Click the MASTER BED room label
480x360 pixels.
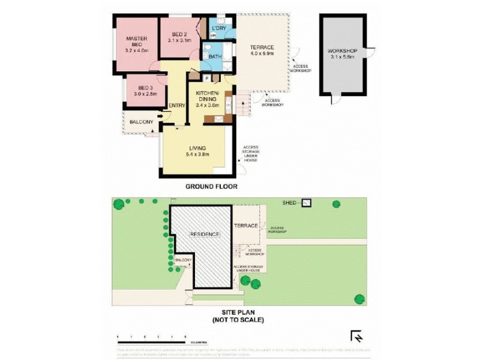pos(136,41)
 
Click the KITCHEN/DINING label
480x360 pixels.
pos(208,95)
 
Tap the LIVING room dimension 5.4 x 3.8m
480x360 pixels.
pos(197,155)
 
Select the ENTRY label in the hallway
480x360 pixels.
pos(177,106)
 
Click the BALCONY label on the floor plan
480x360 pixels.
pos(141,122)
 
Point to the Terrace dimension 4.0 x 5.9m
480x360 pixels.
pos(262,53)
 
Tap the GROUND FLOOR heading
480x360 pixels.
pos(211,187)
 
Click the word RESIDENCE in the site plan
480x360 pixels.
pos(205,234)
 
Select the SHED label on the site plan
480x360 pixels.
pos(290,203)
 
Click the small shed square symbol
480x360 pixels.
pos(307,203)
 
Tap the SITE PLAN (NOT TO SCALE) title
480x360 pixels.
pos(238,316)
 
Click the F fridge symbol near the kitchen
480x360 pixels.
pos(207,77)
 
